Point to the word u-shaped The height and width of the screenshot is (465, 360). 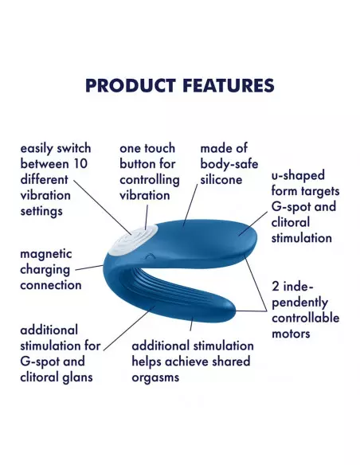click(x=299, y=176)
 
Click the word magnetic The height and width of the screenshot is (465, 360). click(x=46, y=253)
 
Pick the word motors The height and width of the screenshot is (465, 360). click(x=292, y=333)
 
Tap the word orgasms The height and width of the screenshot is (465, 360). click(x=156, y=377)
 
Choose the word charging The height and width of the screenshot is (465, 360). click(x=47, y=269)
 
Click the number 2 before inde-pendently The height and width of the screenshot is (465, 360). click(x=276, y=285)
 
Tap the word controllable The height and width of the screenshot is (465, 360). click(x=306, y=318)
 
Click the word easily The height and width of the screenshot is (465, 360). click(x=37, y=149)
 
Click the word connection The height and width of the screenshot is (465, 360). click(x=51, y=284)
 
